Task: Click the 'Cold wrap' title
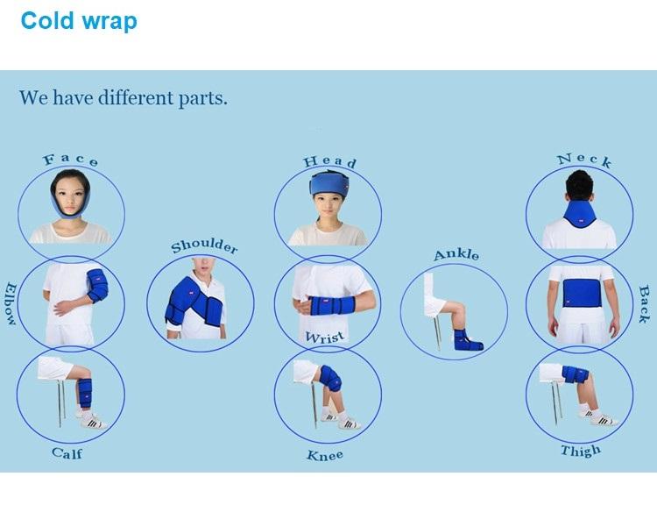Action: pos(79,20)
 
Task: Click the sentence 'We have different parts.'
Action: pos(124,97)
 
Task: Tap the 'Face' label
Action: pos(71,160)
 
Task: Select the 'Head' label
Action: pos(329,162)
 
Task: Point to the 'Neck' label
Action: pos(584,160)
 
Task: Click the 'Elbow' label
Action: pos(11,304)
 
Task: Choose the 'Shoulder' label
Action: pos(204,245)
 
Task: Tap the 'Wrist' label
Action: pos(324,336)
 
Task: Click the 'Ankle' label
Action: pos(456,255)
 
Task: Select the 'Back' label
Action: pos(645,304)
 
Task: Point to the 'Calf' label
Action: pos(67,453)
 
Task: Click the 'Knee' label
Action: pos(324,455)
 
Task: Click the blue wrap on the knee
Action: pos(330,379)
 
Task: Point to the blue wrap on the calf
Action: pos(85,392)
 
